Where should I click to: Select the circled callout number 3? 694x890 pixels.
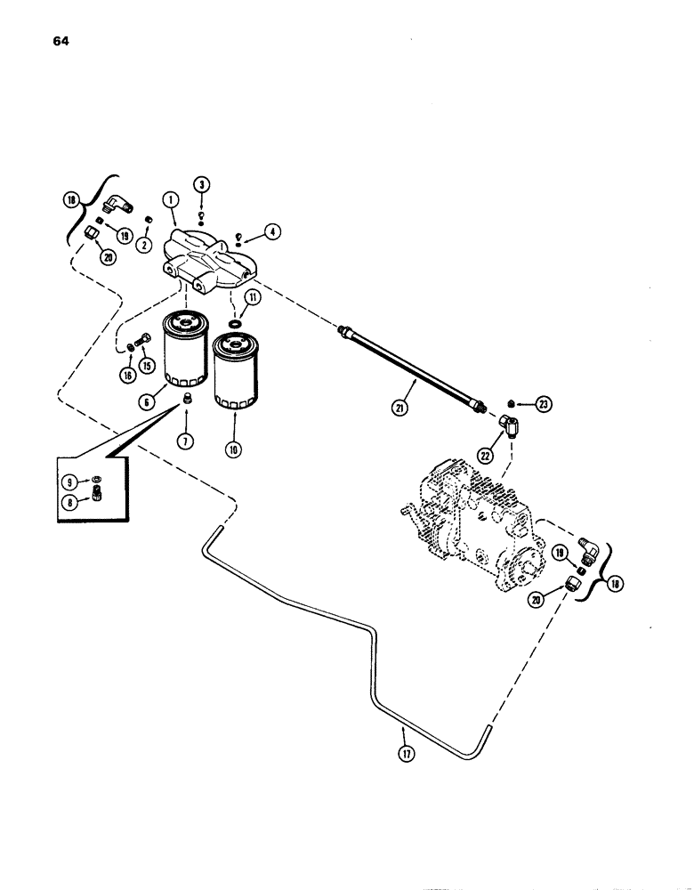[x=203, y=185]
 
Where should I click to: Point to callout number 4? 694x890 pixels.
[x=272, y=233]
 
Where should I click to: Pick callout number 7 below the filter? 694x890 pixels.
[x=187, y=441]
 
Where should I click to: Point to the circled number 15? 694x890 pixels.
[x=147, y=365]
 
